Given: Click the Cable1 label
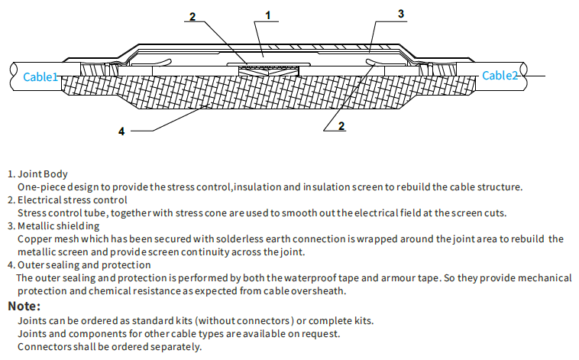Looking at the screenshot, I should coord(40,76).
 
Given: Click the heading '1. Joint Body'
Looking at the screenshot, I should coord(37,174).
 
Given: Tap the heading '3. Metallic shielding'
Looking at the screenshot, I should coord(53,225).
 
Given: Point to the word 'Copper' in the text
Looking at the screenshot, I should coord(33,238).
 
